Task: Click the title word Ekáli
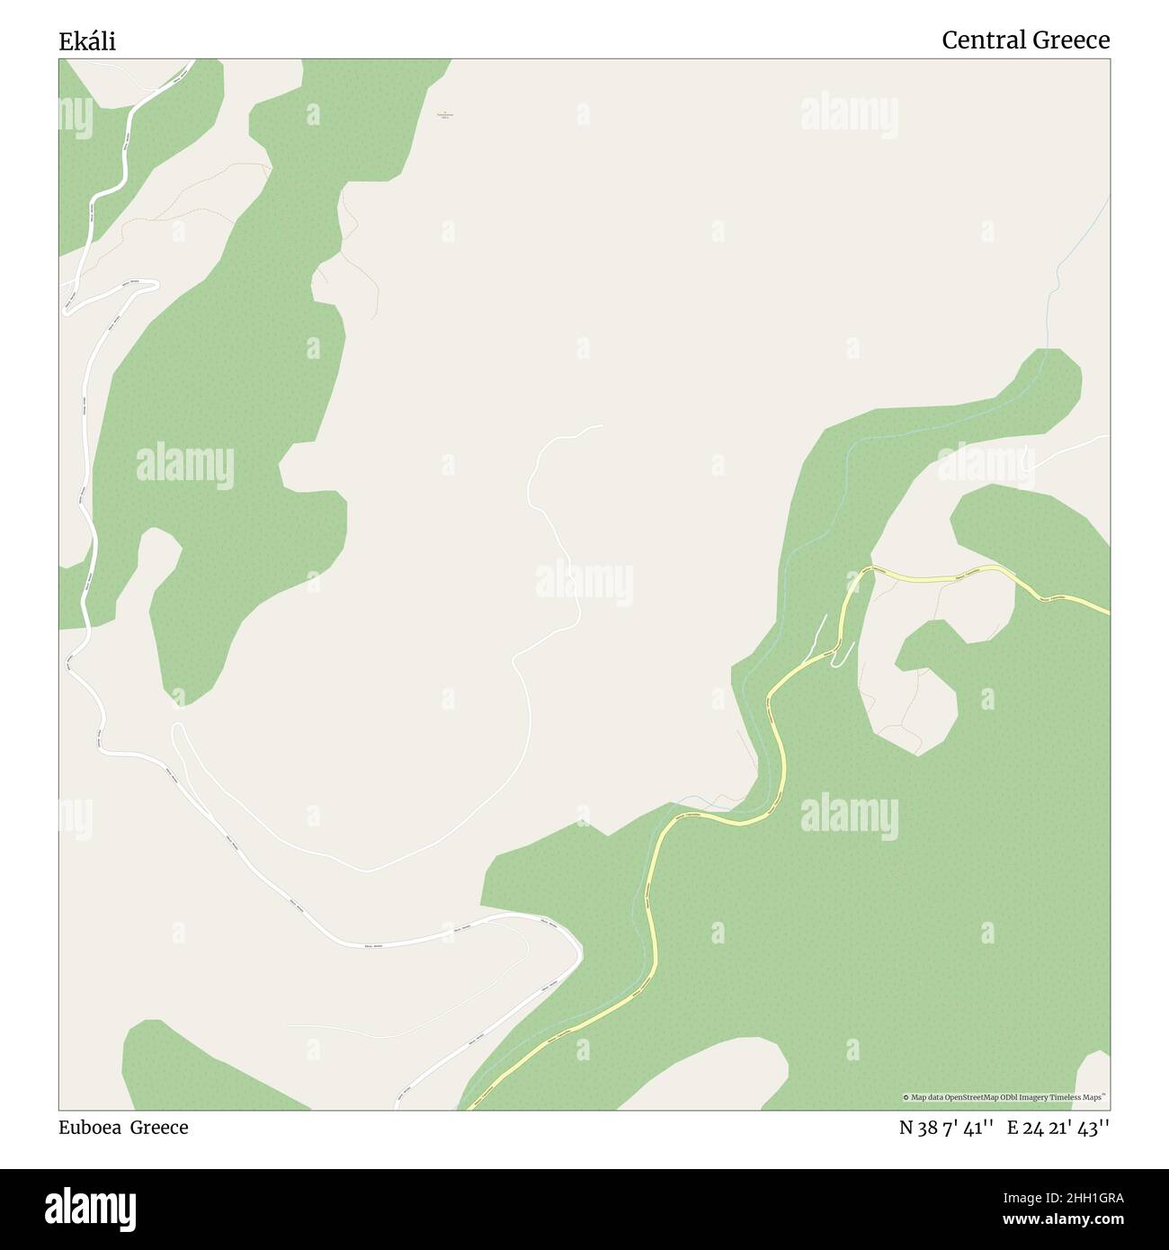87,41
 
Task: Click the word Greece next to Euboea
159,1128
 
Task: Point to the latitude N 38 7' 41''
946,1128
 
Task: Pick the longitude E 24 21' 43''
1058,1128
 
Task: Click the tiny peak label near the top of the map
443,115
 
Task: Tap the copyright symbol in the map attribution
907,1097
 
